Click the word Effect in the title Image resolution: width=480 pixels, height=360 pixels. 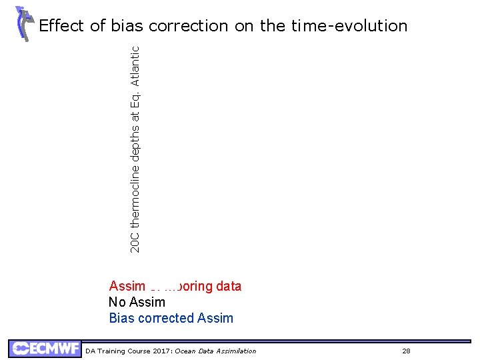tap(61, 26)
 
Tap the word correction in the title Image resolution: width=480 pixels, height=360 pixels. tap(188, 26)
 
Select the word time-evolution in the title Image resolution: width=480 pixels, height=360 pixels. tap(349, 26)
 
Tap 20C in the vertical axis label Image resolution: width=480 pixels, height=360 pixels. tap(135, 242)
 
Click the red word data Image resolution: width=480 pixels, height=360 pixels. tap(228, 287)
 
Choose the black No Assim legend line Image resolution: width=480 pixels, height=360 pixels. tap(137, 302)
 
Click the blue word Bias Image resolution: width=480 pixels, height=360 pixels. tap(121, 318)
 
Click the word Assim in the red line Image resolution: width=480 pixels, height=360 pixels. tap(127, 287)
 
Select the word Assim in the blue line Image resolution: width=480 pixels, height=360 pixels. tap(215, 318)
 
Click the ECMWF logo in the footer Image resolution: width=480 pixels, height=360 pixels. tap(43, 349)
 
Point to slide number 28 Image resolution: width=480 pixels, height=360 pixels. tap(406, 351)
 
